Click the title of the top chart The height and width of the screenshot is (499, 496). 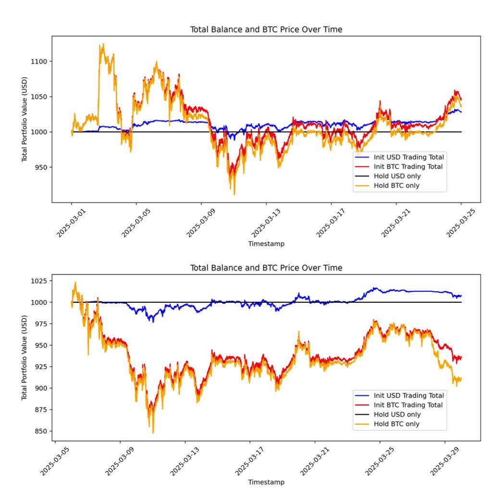(266, 30)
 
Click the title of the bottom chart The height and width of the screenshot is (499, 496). (266, 268)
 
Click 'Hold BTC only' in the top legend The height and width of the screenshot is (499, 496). (397, 186)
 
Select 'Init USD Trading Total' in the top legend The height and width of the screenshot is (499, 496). (409, 157)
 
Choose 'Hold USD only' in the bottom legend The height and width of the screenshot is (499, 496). (397, 415)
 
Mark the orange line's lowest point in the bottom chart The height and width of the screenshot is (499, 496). (153, 433)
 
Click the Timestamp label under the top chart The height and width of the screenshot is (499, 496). (266, 244)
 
